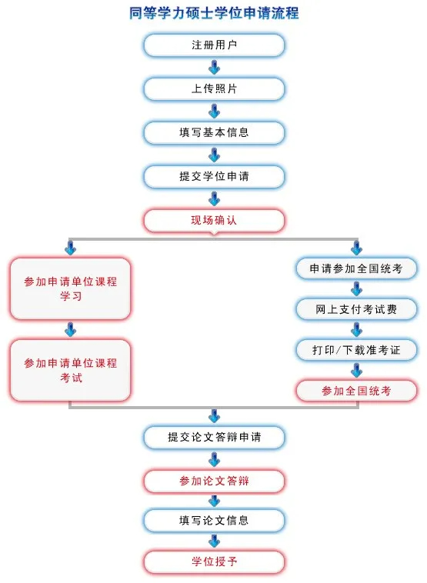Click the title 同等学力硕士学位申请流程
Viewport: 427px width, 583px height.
214,13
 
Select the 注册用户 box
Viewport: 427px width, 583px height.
214,45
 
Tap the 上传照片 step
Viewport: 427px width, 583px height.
214,88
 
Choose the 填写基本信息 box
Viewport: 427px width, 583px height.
214,132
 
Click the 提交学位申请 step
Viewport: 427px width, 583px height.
214,176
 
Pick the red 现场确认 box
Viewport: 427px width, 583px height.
214,220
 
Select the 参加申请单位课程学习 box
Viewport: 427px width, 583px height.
70,288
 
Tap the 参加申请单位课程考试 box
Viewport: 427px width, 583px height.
70,370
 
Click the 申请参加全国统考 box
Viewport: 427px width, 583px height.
356,268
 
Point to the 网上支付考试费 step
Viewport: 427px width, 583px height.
356,309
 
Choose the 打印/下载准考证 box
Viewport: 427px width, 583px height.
356,350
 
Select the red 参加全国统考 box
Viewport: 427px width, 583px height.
356,391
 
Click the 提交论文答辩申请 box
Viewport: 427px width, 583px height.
214,437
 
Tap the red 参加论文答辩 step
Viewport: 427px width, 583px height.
214,481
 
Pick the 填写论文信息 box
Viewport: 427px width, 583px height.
214,520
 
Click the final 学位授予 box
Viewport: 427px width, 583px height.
214,561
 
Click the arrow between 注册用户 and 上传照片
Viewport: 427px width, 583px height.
214,67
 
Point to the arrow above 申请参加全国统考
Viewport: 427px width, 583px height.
356,248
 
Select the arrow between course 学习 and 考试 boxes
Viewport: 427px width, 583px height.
70,329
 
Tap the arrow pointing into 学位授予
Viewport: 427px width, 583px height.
214,541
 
